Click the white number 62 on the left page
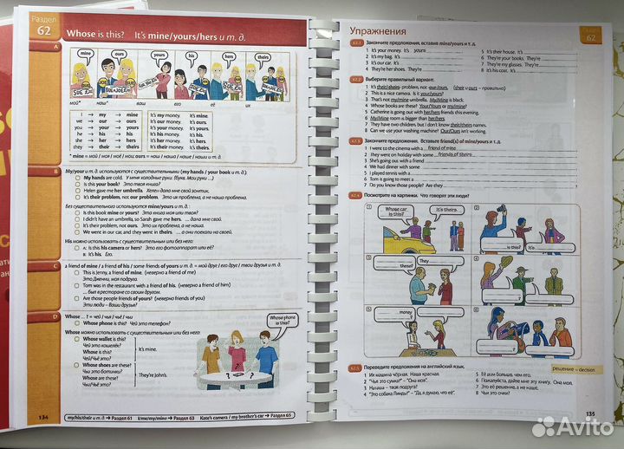point(41,32)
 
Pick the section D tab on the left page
point(53,317)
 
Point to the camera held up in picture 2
point(501,218)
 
